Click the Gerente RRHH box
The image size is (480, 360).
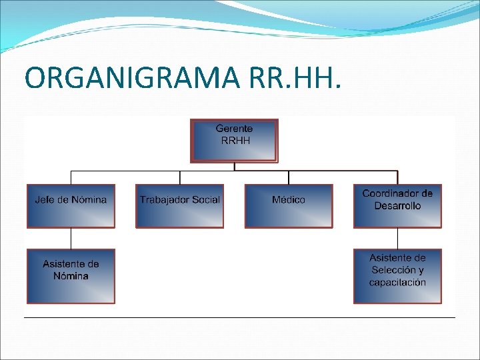(x=234, y=141)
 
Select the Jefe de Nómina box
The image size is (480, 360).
(x=71, y=206)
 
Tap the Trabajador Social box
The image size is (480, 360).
(x=179, y=206)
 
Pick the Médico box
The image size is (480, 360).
(x=289, y=206)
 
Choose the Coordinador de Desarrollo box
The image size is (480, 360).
(x=397, y=206)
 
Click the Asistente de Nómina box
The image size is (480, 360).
(x=71, y=276)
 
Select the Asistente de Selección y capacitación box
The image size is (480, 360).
(x=397, y=276)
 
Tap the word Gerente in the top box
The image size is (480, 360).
(x=234, y=128)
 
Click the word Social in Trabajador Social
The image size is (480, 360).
(x=205, y=200)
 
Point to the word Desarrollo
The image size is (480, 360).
(x=397, y=206)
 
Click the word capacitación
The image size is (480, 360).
(x=397, y=282)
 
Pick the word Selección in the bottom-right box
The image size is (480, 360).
(x=397, y=270)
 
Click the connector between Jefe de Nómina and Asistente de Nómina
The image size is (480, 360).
(x=71, y=238)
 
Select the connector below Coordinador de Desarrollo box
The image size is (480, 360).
(x=397, y=238)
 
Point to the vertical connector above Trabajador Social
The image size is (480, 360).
(x=179, y=177)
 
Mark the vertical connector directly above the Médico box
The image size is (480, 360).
(x=289, y=177)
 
